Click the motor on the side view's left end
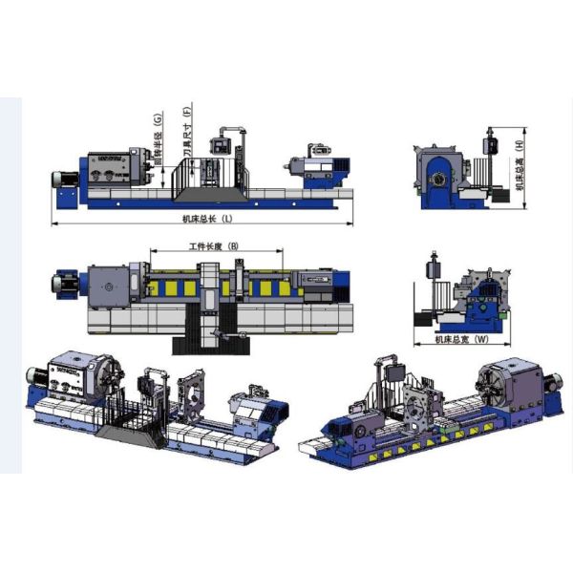coord(67,181)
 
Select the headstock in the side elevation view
coord(113,170)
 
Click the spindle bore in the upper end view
coord(438,179)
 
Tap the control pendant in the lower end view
coord(434,264)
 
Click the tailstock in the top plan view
coord(315,281)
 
